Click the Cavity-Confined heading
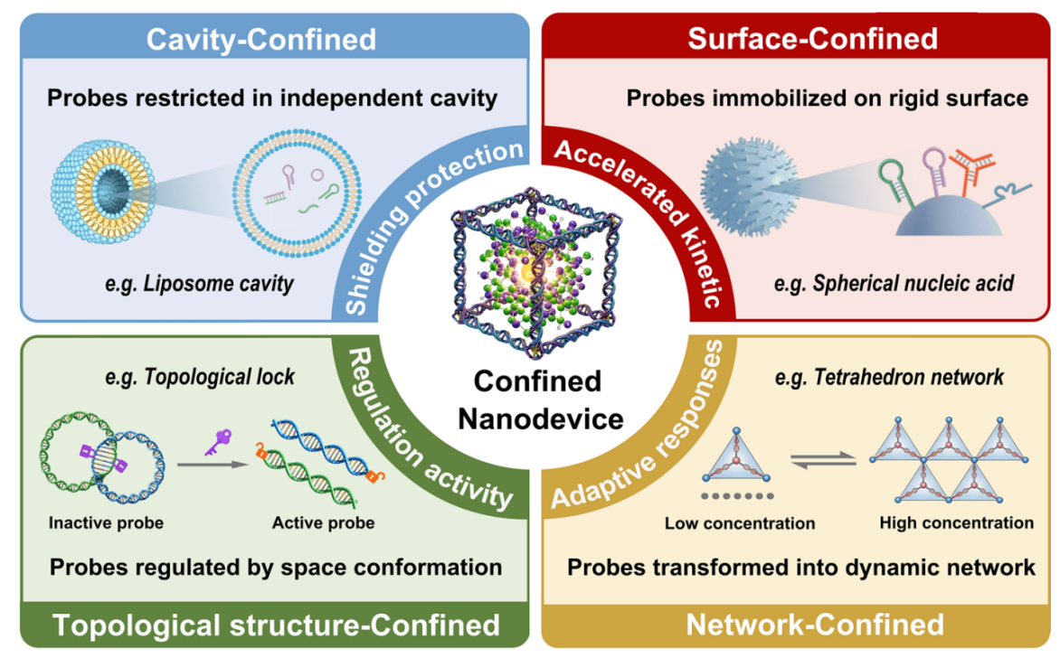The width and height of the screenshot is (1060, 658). (x=261, y=39)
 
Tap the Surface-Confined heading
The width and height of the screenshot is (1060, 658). (x=812, y=39)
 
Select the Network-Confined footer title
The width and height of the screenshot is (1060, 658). (x=815, y=625)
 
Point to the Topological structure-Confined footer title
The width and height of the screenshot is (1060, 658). (x=277, y=625)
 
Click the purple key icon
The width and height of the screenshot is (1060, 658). (x=218, y=443)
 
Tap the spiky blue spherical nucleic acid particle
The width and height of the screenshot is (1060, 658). (x=749, y=187)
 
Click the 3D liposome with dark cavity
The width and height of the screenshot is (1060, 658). (x=102, y=192)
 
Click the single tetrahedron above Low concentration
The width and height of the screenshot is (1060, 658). (x=737, y=456)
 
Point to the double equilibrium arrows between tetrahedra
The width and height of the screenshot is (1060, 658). (x=823, y=460)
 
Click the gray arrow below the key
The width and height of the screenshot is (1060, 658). (x=213, y=464)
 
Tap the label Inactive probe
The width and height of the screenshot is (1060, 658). (x=106, y=523)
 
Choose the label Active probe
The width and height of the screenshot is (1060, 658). (x=323, y=523)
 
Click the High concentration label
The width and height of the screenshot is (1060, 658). (x=957, y=523)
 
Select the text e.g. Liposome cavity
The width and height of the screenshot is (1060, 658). (x=199, y=283)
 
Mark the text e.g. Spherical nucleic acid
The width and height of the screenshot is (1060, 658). (x=894, y=283)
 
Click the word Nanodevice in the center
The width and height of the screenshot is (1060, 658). (x=541, y=418)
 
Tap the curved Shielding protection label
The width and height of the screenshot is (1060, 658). (x=427, y=224)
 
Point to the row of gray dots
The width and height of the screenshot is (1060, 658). (x=737, y=496)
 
